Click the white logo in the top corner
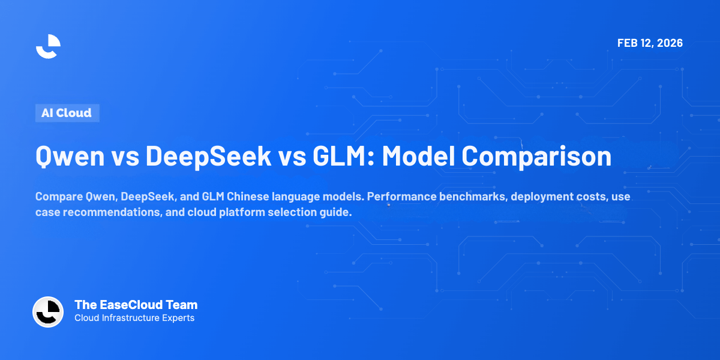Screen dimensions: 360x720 [48, 46]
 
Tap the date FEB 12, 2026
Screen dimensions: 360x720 [650, 43]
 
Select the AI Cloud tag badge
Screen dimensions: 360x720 [67, 113]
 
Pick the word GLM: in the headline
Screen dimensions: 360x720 [337, 156]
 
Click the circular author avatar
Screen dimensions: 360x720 [48, 312]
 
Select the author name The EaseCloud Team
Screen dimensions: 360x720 [136, 305]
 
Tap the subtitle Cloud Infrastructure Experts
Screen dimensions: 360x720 [134, 318]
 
